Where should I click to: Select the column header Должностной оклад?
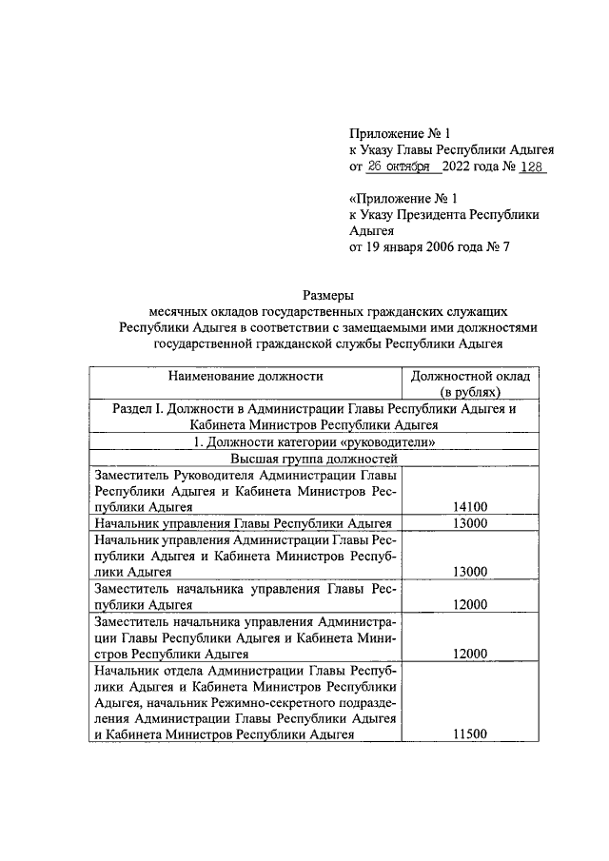pos(471,377)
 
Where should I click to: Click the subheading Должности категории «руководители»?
pos(313,441)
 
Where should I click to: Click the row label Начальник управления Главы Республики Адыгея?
pos(244,523)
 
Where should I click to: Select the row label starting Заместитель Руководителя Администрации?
pos(244,490)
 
